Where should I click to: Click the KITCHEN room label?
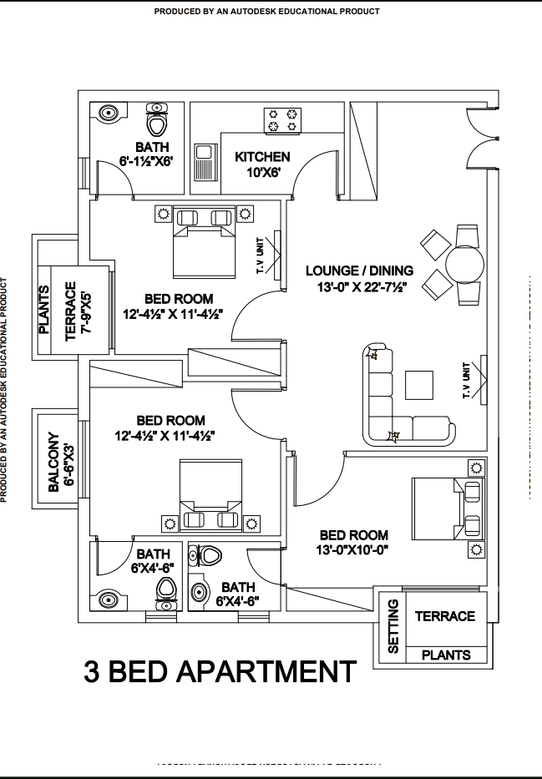tap(262, 157)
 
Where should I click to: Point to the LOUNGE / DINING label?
tap(359, 271)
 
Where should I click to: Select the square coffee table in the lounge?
tap(419, 385)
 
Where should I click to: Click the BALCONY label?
tap(53, 462)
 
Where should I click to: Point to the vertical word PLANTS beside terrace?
tap(44, 310)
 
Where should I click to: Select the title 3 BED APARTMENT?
tap(220, 671)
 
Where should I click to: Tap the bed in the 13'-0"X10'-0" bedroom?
tap(447, 508)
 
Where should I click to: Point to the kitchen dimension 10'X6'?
tap(262, 173)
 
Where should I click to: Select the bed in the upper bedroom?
tap(204, 241)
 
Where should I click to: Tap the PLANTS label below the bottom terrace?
tap(446, 655)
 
